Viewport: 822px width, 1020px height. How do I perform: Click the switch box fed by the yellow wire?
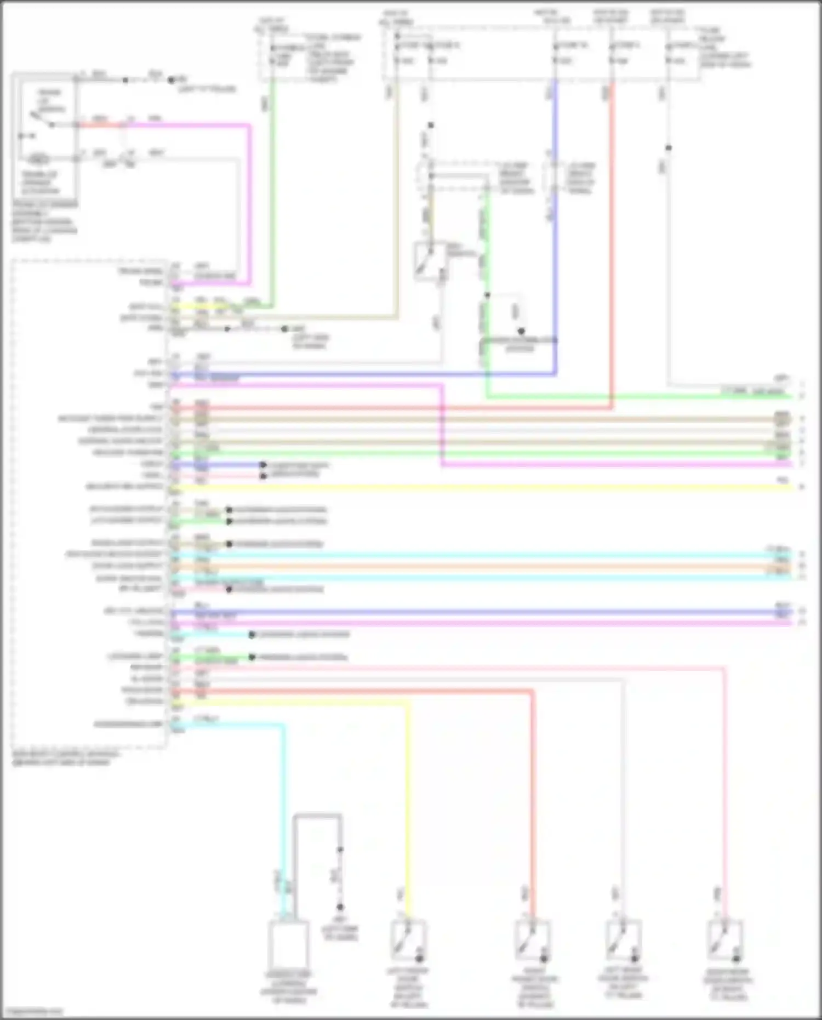(408, 940)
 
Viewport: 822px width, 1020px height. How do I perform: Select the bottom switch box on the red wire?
(532, 940)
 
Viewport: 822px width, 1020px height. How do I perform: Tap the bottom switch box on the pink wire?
(725, 940)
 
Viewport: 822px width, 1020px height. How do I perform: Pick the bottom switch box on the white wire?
(623, 940)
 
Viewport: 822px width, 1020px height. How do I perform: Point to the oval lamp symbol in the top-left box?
(38, 159)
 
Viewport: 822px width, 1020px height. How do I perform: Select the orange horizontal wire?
(482, 566)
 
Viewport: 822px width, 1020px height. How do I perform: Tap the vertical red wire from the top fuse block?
(612, 247)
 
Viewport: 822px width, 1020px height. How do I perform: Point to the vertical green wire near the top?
(273, 192)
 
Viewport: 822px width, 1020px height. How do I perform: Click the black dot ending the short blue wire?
(263, 465)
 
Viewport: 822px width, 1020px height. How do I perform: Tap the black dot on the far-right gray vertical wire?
(669, 148)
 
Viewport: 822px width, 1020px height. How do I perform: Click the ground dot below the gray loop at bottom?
(340, 907)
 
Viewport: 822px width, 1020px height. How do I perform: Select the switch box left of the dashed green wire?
(429, 261)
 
